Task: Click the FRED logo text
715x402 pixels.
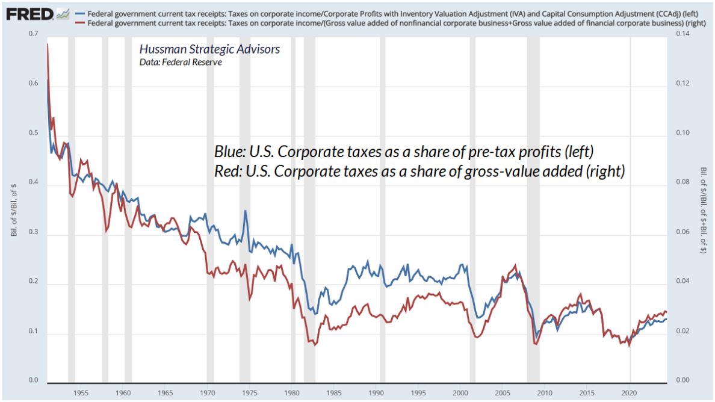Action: click(x=28, y=13)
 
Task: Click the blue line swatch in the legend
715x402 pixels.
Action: click(x=79, y=14)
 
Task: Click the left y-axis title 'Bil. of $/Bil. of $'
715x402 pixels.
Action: click(x=13, y=208)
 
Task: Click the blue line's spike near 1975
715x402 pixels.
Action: click(x=245, y=211)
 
